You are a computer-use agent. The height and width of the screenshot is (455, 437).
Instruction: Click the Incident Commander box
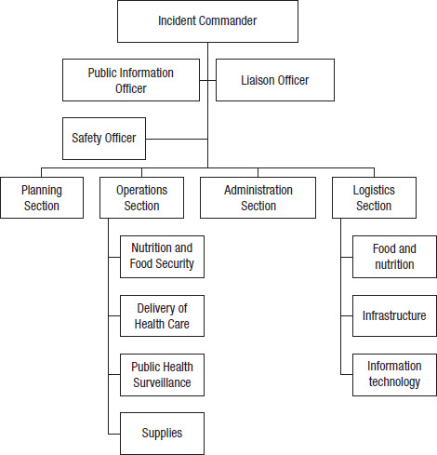coord(207,21)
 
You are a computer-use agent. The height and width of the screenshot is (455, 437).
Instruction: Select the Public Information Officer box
coord(131,80)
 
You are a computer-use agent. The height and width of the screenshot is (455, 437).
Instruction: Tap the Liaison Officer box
coord(275,80)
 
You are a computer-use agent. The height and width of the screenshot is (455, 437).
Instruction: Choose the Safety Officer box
coord(104,139)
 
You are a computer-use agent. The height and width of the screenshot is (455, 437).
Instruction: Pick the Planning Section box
coord(42,197)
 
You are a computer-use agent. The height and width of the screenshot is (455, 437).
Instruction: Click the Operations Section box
coord(141,197)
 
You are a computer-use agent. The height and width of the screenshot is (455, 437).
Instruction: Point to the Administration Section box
coord(258,197)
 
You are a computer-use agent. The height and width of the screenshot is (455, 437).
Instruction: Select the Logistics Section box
coord(374,197)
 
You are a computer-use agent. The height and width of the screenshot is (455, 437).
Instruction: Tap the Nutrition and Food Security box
coord(162,257)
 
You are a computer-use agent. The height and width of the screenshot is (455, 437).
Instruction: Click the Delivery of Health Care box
coord(162,315)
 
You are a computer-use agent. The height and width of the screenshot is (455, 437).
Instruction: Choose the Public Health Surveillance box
coord(162,375)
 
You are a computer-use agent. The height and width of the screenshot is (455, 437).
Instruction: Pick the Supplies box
coord(162,434)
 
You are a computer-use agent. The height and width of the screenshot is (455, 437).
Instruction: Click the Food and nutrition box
coord(394,257)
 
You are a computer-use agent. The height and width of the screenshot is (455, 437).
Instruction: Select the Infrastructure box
coord(394,315)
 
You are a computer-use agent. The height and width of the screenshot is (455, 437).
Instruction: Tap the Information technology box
coord(394,375)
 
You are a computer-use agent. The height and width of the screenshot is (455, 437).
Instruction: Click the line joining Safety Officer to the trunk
coord(177,139)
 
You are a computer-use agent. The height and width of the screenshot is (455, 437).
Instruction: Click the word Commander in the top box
coord(228,20)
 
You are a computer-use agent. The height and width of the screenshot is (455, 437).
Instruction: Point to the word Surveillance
coord(162,382)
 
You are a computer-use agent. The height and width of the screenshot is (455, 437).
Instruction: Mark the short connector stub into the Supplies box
coord(114,434)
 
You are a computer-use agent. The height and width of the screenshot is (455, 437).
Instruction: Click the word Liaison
coord(258,80)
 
